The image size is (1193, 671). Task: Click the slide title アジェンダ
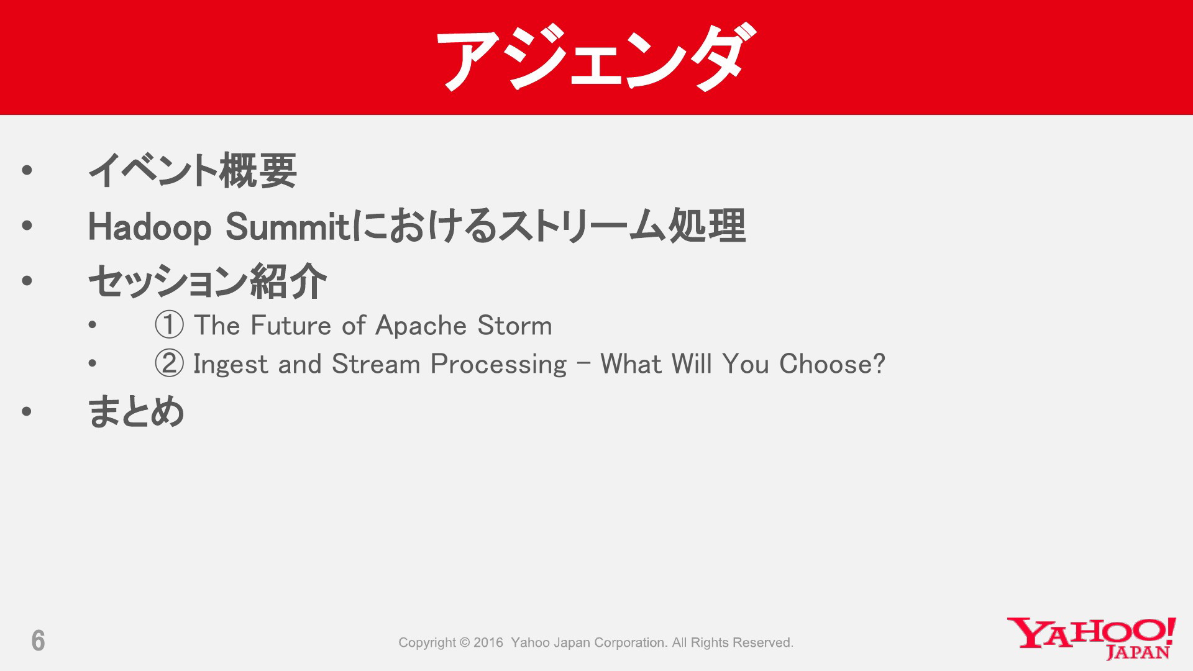pos(596,57)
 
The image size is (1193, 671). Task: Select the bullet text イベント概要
pos(193,170)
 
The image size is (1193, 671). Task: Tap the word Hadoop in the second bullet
pos(150,227)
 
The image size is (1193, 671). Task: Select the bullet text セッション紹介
pos(208,281)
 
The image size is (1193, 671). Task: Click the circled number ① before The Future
pos(169,325)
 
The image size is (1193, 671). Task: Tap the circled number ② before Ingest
pos(169,363)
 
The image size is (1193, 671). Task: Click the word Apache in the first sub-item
pos(421,326)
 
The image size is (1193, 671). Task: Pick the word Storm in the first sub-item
pos(514,326)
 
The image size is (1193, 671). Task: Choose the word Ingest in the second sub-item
pos(231,365)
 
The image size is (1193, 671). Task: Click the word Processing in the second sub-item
pos(498,365)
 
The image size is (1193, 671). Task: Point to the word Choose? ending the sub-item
pos(832,363)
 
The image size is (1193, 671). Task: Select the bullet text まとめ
pos(136,411)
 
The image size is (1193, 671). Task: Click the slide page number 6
pos(38,641)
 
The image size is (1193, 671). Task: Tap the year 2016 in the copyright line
pos(488,642)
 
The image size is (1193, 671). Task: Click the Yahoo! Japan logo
pos(1091,638)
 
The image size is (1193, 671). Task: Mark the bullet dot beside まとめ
pos(26,411)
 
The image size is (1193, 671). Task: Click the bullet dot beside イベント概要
pos(26,170)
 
